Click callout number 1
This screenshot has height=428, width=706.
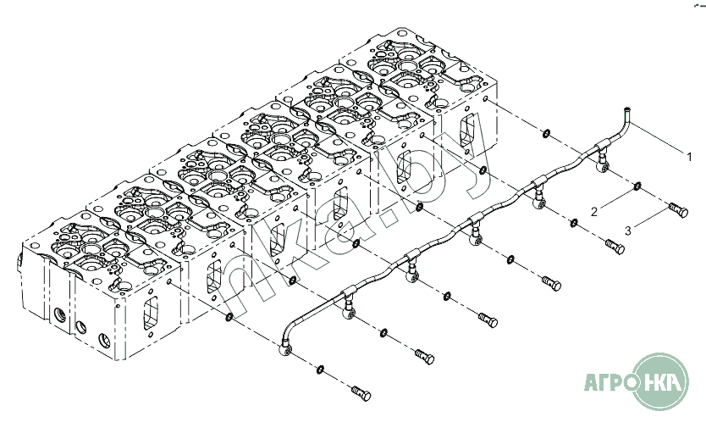[x=689, y=157]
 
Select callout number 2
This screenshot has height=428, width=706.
[x=594, y=212]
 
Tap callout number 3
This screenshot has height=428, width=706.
[x=627, y=231]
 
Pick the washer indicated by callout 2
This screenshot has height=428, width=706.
[x=637, y=186]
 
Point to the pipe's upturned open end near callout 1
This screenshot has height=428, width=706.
[x=626, y=108]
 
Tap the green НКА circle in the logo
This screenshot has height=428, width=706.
[x=660, y=381]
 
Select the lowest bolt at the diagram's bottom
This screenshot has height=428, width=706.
[x=361, y=394]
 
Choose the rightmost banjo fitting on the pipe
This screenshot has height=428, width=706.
[x=603, y=166]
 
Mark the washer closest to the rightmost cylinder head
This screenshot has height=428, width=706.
[x=546, y=134]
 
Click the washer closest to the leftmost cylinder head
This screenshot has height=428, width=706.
[x=229, y=318]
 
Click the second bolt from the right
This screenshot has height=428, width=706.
[x=615, y=247]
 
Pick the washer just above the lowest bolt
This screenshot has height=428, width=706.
[x=320, y=370]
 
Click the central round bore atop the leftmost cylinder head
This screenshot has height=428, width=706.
[x=91, y=248]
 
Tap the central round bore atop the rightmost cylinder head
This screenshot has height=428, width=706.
[x=409, y=66]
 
